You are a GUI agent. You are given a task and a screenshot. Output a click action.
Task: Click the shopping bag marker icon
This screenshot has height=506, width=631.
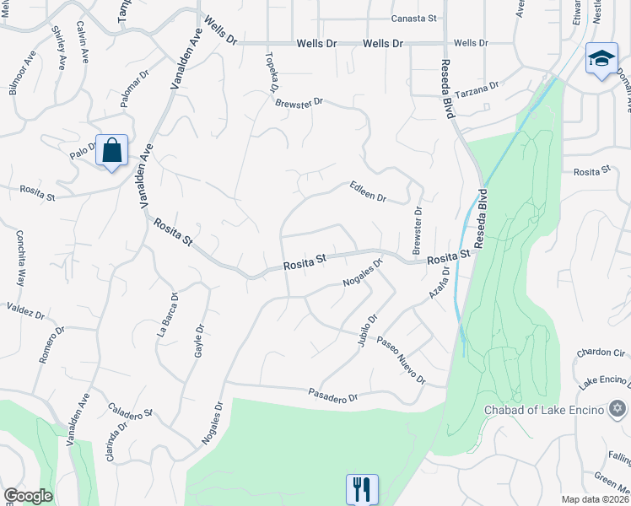(111, 151)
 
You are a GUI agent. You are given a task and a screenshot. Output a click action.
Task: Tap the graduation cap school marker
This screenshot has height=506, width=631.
(601, 60)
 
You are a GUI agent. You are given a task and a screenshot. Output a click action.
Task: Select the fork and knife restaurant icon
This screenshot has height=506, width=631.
(362, 487)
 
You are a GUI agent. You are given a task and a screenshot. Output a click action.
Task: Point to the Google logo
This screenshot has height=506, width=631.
(28, 496)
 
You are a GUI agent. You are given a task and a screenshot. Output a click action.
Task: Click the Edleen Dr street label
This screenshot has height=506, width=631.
(368, 192)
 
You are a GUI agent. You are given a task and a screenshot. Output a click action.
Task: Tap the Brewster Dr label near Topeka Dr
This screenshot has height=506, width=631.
(299, 102)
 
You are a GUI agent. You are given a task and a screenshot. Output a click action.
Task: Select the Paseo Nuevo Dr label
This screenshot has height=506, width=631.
(401, 358)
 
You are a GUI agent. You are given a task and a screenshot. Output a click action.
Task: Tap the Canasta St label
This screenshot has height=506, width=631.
(413, 19)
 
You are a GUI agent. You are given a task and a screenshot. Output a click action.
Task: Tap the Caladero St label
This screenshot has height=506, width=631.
(130, 409)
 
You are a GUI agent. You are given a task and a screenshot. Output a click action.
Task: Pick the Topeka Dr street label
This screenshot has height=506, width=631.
(272, 73)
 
